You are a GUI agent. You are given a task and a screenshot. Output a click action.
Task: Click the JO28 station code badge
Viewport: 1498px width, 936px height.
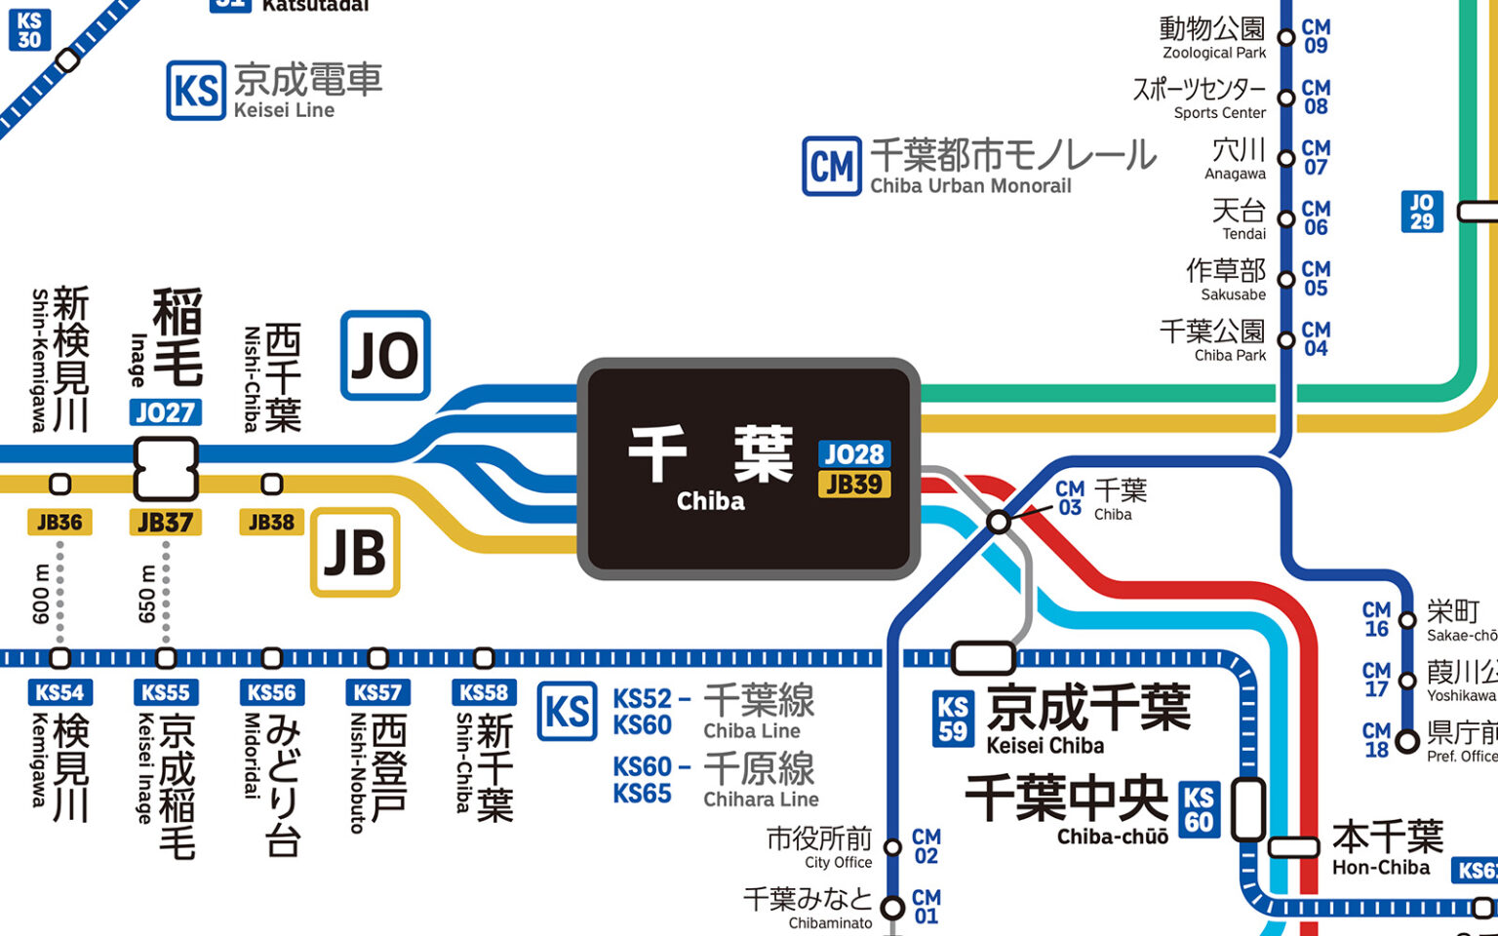(x=853, y=454)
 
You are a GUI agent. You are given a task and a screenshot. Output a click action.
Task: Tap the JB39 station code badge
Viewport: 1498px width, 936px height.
(x=853, y=485)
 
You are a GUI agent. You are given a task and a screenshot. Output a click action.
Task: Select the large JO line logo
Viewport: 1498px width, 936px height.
(x=385, y=356)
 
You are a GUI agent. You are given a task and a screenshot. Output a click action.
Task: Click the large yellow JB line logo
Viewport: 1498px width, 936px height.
(x=355, y=553)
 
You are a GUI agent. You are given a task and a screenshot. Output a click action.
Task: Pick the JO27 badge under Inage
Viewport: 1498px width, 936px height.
(x=165, y=412)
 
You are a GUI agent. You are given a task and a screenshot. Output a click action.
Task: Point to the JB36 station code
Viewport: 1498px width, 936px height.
(x=59, y=523)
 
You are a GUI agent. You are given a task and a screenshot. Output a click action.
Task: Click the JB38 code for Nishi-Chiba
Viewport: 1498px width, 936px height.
(x=271, y=523)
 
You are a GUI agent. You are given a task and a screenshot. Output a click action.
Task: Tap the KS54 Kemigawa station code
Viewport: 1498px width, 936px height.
(x=59, y=693)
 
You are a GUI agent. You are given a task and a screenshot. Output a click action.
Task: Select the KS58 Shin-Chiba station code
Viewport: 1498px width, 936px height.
(x=484, y=693)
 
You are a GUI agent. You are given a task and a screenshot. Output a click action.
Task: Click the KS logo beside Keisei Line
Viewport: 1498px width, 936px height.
(x=195, y=92)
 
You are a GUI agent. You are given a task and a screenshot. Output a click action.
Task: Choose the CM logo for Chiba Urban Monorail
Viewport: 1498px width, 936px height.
(x=832, y=167)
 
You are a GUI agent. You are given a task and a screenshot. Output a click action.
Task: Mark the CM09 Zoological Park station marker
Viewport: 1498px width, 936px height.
(x=1286, y=38)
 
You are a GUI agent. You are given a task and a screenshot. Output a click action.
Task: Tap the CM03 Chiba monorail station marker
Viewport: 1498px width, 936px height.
(x=999, y=522)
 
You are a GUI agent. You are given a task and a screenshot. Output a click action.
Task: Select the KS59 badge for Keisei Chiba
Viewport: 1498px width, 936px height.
(x=953, y=719)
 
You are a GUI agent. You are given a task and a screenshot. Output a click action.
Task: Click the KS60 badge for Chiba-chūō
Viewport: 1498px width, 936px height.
(x=1199, y=809)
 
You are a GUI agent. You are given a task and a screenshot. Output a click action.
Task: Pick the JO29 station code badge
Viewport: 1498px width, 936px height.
(x=1422, y=212)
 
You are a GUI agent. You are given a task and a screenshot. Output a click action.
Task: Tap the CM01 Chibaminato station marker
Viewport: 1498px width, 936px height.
(x=892, y=908)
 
